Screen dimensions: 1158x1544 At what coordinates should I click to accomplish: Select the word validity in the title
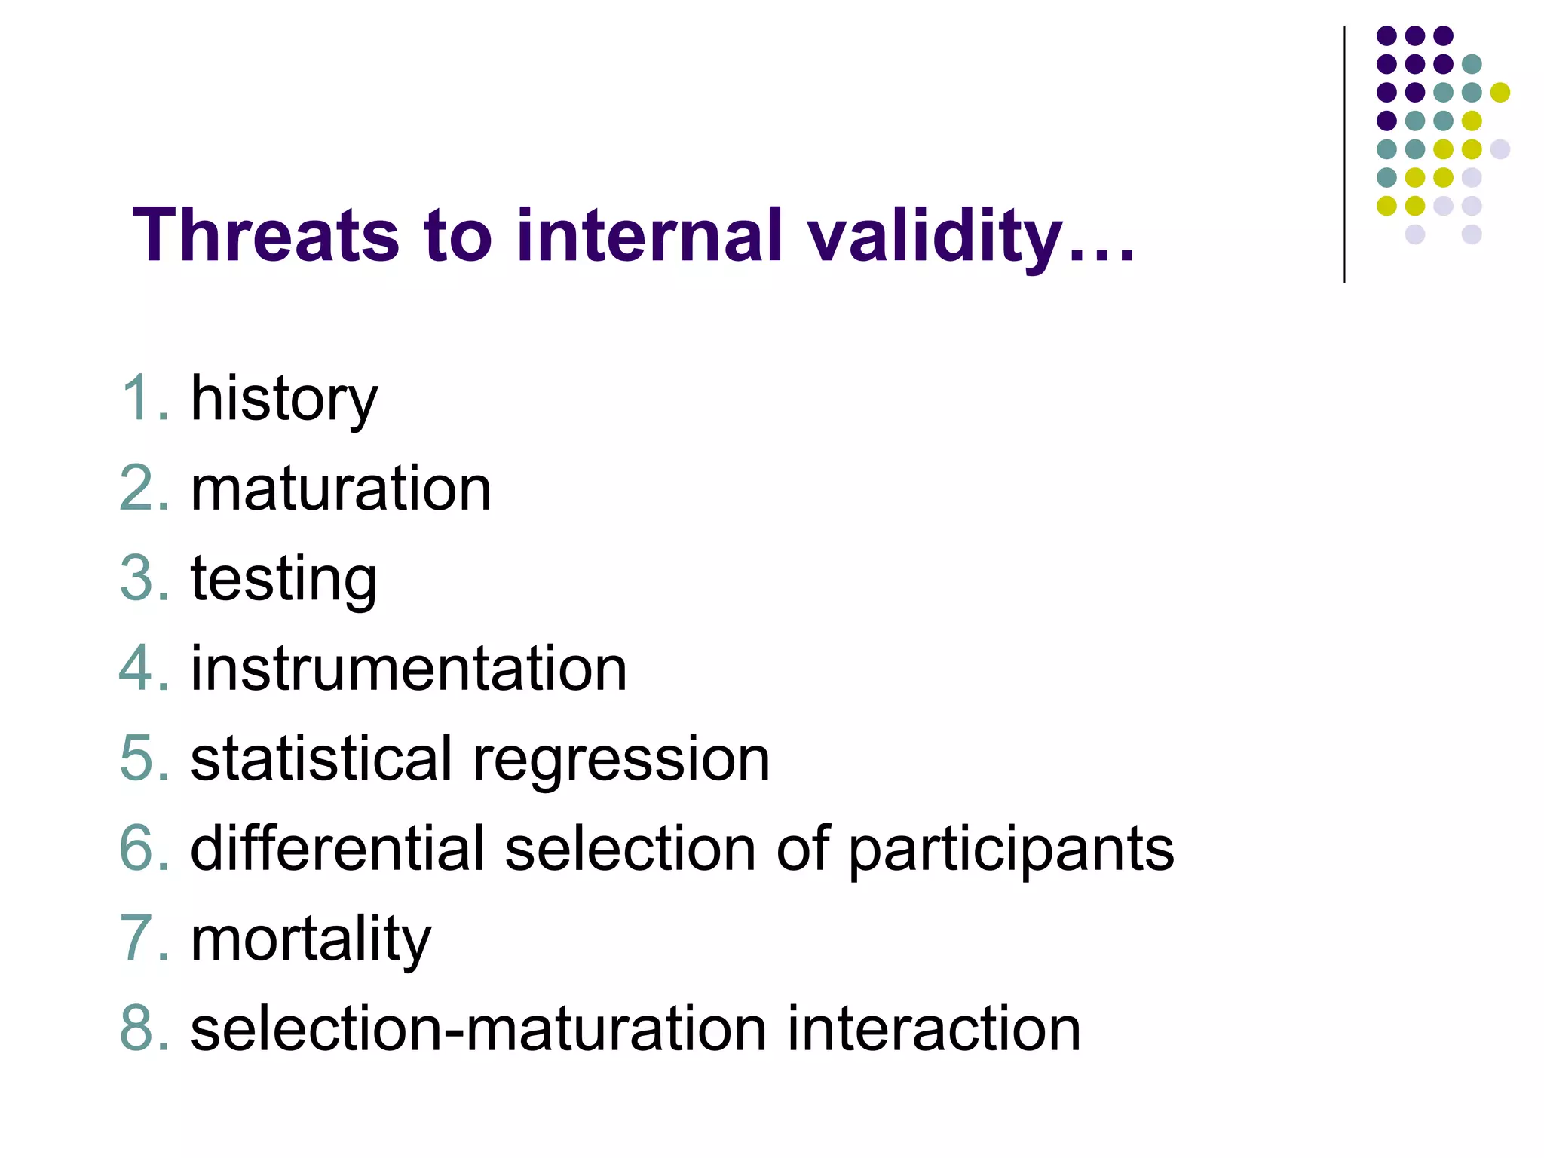[935, 237]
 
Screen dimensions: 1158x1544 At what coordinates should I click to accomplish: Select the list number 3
[143, 579]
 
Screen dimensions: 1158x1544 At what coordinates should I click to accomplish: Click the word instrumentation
[409, 669]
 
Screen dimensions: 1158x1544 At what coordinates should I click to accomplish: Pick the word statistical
[321, 758]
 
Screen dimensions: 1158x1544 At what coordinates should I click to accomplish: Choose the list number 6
[143, 849]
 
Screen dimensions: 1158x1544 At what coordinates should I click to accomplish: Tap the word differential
[336, 849]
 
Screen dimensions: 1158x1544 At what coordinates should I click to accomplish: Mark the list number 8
[143, 1029]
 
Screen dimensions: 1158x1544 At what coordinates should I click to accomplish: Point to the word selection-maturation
[478, 1029]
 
